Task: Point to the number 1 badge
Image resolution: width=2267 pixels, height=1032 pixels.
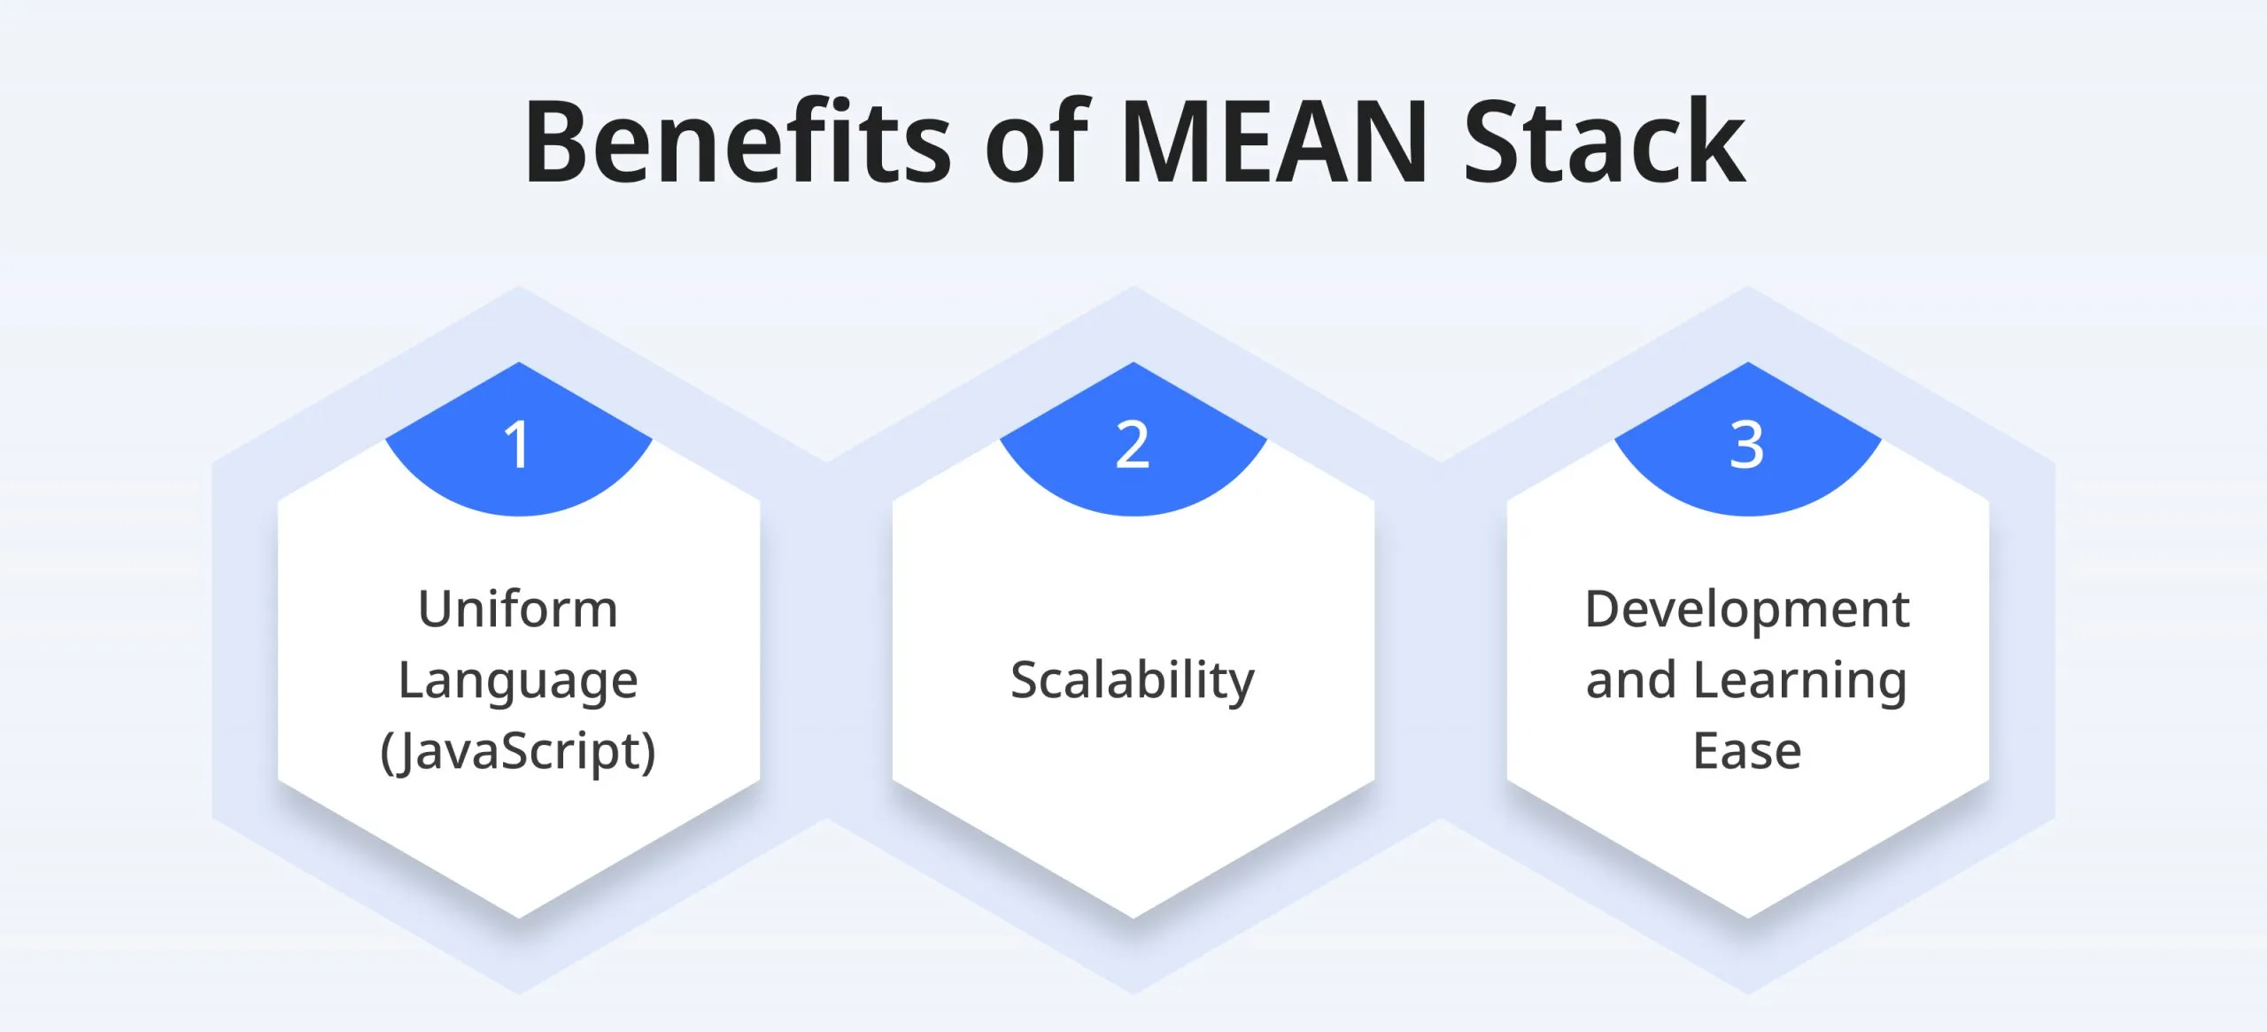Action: [x=518, y=445]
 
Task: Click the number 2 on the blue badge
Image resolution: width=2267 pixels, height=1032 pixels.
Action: [x=1133, y=445]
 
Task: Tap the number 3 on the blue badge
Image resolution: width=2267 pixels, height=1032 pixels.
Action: [x=1747, y=445]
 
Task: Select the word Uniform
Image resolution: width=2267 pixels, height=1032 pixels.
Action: [x=518, y=609]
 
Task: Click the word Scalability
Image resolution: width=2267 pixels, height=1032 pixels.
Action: [x=1133, y=681]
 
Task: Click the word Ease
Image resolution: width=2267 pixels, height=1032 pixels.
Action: [x=1747, y=752]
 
